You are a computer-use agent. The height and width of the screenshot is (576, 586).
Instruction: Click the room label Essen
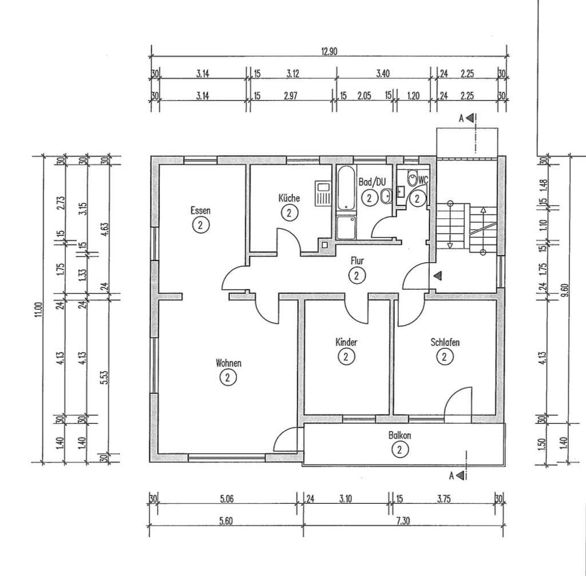[200, 210]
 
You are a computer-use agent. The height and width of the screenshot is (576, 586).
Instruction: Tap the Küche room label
[290, 198]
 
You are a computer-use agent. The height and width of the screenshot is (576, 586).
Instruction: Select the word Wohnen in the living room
[228, 362]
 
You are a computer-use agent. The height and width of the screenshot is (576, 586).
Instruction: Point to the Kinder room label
[346, 342]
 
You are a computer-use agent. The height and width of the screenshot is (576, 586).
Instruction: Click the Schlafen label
[445, 342]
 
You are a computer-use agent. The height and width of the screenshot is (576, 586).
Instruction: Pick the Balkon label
[399, 435]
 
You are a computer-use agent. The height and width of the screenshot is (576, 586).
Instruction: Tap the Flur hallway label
[357, 261]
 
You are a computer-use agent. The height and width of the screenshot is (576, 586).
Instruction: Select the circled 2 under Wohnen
[228, 377]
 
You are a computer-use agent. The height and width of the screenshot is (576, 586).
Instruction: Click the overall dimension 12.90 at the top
[330, 51]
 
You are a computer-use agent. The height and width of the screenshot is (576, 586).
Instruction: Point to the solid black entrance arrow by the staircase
[438, 276]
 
